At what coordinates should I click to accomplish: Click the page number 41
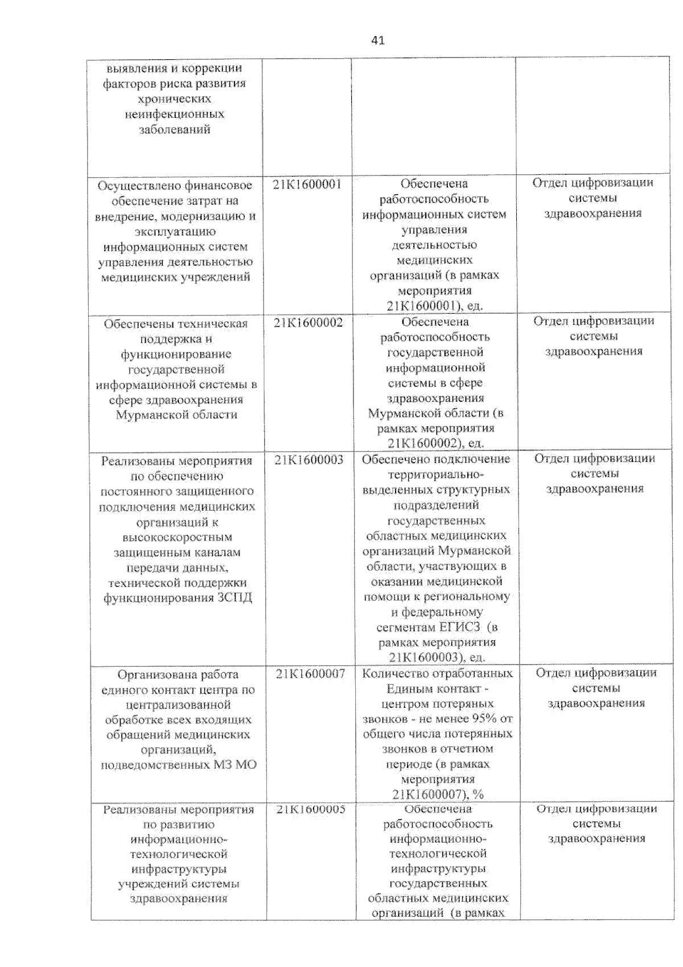tap(377, 40)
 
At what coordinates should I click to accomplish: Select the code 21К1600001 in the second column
tap(307, 185)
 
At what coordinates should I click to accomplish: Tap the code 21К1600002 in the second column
tap(308, 323)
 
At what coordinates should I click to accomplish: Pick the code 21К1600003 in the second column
tap(308, 460)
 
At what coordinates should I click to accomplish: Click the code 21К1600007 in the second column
tap(310, 674)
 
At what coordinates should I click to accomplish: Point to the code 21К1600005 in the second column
tap(311, 809)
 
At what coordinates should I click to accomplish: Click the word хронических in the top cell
tap(174, 99)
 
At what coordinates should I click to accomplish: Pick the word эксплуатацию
tap(175, 232)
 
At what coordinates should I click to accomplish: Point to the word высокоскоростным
tap(177, 537)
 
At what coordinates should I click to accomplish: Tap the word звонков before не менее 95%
tap(385, 719)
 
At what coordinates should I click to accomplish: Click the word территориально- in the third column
tap(436, 474)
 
